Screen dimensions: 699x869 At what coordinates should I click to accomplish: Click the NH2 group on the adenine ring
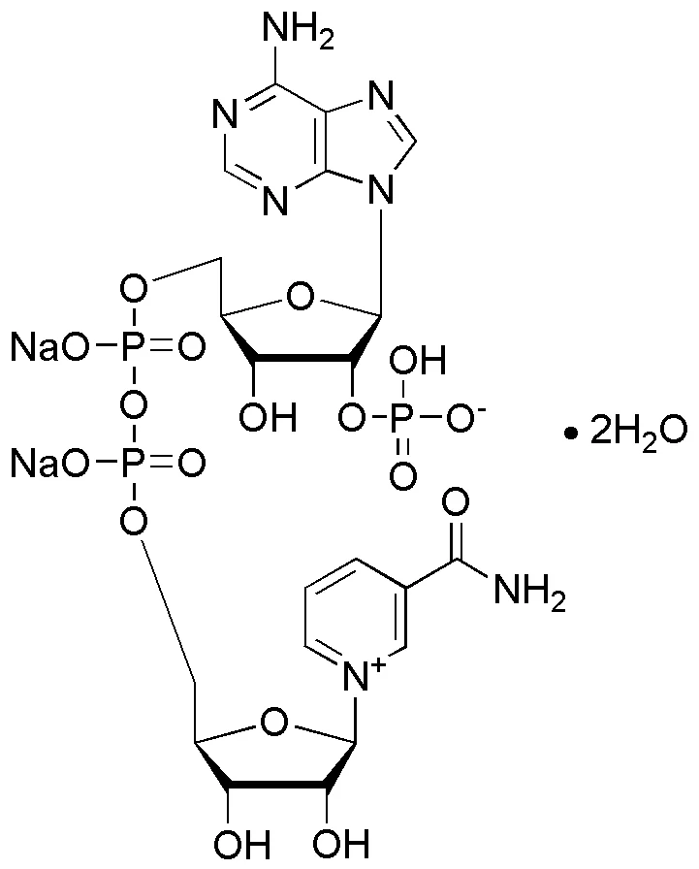[298, 32]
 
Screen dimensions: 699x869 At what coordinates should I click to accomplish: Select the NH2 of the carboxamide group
[529, 591]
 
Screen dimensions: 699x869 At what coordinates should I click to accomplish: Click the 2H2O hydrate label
[638, 432]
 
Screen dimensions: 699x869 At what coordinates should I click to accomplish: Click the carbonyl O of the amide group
[456, 502]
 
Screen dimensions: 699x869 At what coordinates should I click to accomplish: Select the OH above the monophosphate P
[417, 360]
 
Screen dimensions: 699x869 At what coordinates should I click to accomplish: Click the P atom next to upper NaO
[133, 347]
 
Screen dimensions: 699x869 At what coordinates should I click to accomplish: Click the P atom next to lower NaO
[133, 464]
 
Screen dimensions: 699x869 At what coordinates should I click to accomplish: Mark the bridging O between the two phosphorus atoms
[134, 405]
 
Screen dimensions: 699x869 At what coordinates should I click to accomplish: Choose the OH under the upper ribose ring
[269, 416]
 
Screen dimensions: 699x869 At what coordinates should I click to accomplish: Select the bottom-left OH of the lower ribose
[242, 844]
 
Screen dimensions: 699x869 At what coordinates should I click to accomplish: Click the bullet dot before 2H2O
[569, 433]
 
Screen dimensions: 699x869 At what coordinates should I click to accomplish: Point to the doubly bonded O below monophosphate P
[402, 475]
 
